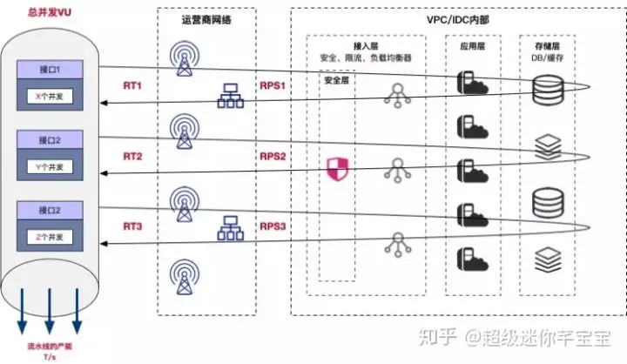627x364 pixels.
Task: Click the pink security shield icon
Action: point(336,167)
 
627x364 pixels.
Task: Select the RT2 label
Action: point(132,158)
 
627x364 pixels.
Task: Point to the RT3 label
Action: point(132,226)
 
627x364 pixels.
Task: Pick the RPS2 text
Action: point(273,158)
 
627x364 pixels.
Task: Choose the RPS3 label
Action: point(273,226)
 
